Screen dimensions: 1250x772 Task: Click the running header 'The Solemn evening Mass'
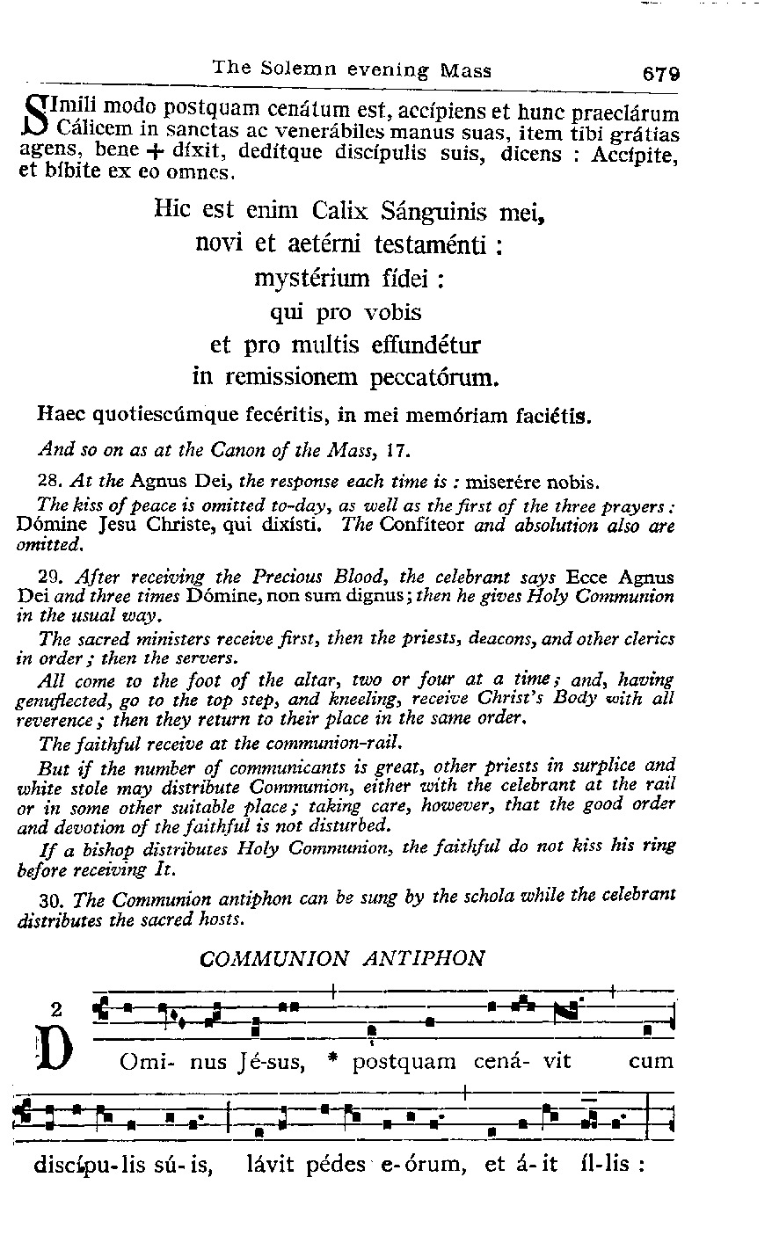pos(353,69)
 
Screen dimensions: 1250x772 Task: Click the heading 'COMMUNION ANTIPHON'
pos(342,957)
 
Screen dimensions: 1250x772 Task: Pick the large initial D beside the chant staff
pos(56,1053)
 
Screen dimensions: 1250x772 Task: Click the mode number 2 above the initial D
pos(57,1009)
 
